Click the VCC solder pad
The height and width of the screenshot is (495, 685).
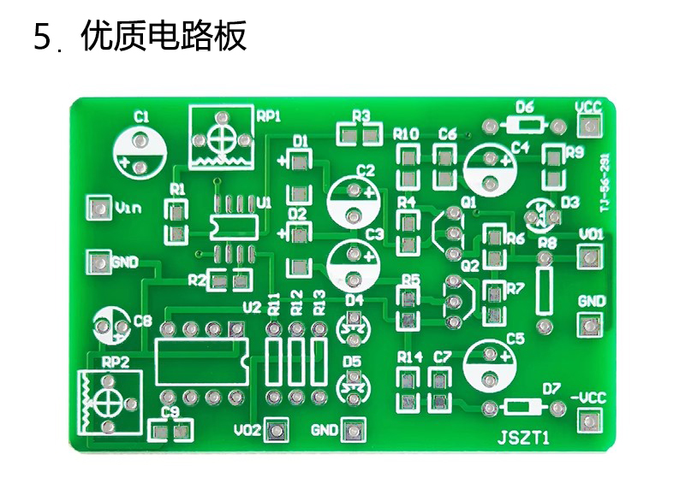pyautogui.click(x=588, y=127)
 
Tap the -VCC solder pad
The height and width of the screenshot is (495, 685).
pyautogui.click(x=588, y=420)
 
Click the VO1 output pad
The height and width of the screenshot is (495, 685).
pyautogui.click(x=588, y=256)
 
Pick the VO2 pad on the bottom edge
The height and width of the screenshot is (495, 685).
pyautogui.click(x=276, y=429)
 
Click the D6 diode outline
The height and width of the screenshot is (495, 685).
pyautogui.click(x=524, y=126)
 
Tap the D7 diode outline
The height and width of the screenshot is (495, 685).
pyautogui.click(x=523, y=407)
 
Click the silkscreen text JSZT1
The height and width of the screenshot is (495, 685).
pyautogui.click(x=523, y=439)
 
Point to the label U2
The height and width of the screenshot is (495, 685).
pyautogui.click(x=252, y=307)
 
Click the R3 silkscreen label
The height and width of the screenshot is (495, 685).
pyautogui.click(x=360, y=115)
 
